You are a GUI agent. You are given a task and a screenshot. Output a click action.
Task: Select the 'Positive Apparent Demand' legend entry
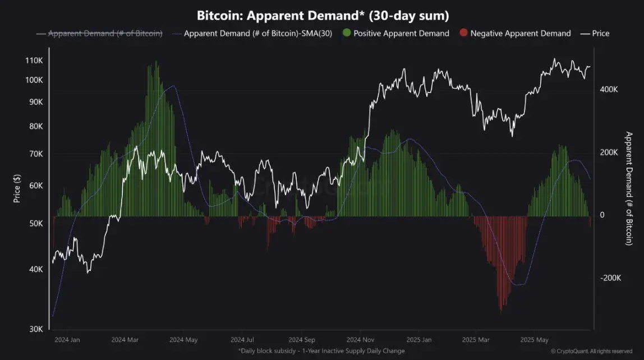(x=401, y=34)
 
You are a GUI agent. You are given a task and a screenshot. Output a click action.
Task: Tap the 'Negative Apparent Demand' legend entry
(x=520, y=34)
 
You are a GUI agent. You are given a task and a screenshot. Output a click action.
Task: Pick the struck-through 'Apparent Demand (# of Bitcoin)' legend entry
(x=105, y=34)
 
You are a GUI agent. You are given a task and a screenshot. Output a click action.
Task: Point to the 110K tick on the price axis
(x=34, y=61)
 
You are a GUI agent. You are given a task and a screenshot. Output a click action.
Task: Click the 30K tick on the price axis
(x=36, y=329)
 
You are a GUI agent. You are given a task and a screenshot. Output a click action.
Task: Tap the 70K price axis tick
(x=36, y=154)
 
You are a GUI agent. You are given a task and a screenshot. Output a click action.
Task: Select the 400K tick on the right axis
(x=609, y=90)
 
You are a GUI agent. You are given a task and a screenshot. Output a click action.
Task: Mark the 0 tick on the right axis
(x=602, y=215)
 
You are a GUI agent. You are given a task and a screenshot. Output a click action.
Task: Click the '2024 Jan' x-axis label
(x=67, y=340)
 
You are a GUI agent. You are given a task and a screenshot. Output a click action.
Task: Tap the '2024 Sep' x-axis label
(x=302, y=340)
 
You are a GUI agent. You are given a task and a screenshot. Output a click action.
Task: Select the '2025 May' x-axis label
(x=534, y=340)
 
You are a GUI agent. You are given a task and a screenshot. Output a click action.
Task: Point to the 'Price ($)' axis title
(x=17, y=188)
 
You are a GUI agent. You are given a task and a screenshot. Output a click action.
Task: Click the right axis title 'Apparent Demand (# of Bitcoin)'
(x=629, y=188)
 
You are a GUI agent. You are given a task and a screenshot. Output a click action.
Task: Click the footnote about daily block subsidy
(x=321, y=351)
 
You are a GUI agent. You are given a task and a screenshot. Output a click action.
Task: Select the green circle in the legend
(x=346, y=34)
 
